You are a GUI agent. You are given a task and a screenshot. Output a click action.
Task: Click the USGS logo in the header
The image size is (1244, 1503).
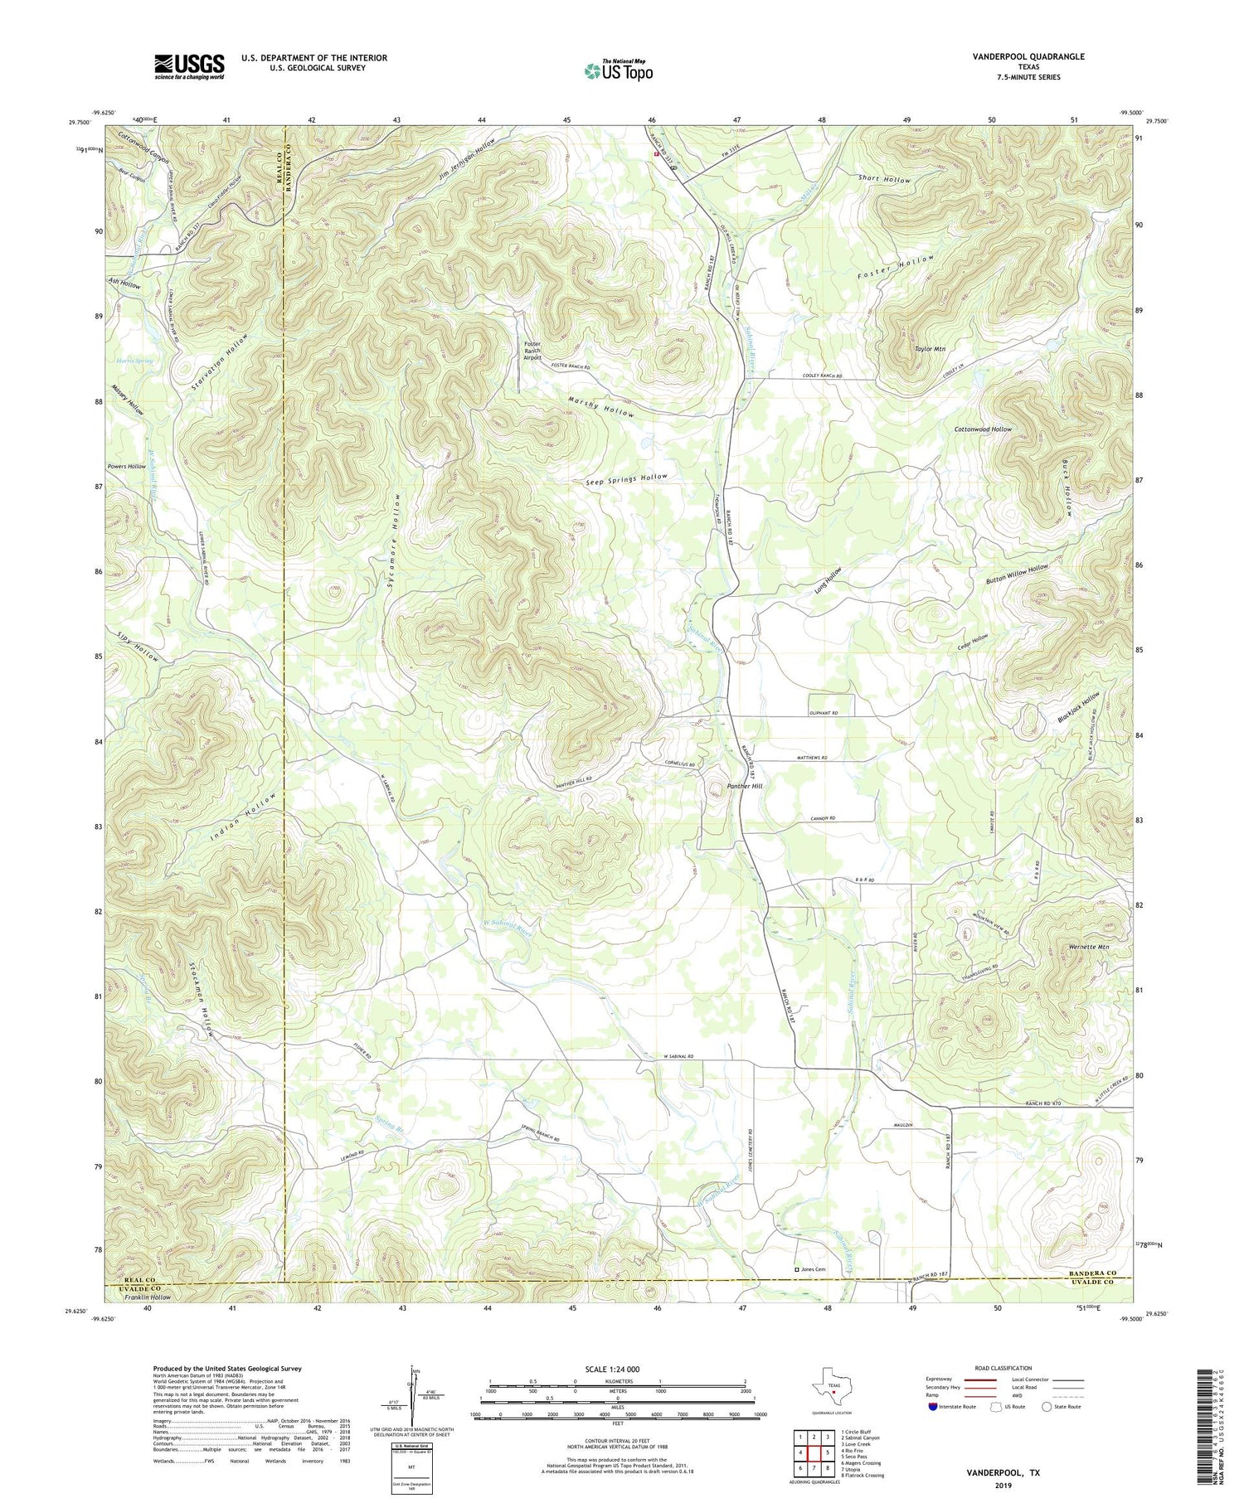pyautogui.click(x=189, y=66)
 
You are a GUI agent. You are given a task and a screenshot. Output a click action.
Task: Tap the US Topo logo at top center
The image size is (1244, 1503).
pyautogui.click(x=618, y=70)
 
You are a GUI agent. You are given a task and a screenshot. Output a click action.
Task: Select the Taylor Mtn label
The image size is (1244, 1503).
pyautogui.click(x=930, y=350)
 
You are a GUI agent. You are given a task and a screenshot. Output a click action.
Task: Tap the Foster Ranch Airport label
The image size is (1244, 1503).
pyautogui.click(x=532, y=352)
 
